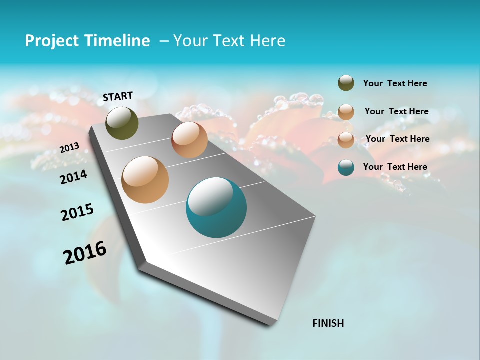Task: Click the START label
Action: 118,96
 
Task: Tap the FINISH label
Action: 328,323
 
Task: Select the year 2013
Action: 70,147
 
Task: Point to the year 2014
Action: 74,177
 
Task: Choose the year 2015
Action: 77,212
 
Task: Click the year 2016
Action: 85,252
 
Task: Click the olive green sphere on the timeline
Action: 122,123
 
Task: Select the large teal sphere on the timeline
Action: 216,207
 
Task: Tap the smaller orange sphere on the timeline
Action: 189,140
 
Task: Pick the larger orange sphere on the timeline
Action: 145,180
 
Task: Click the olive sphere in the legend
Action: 346,83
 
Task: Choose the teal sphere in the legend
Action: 346,167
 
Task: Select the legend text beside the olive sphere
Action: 395,83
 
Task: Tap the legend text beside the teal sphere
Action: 395,167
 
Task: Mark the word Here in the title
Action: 267,41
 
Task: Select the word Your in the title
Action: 191,41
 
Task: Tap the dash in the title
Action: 164,41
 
